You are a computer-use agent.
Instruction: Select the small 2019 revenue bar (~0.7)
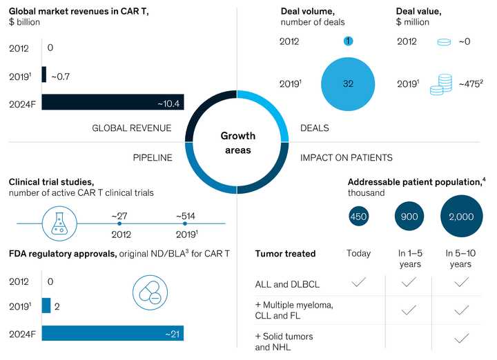click(44, 74)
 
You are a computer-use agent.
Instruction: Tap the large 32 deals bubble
click(348, 83)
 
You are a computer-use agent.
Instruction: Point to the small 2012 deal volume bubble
click(348, 41)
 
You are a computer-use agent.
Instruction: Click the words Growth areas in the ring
click(237, 143)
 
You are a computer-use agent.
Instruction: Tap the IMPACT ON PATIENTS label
click(346, 158)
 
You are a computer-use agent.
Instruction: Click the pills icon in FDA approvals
click(150, 292)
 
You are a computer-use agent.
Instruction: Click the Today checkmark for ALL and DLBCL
click(358, 282)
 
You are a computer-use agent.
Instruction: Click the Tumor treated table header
click(285, 254)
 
